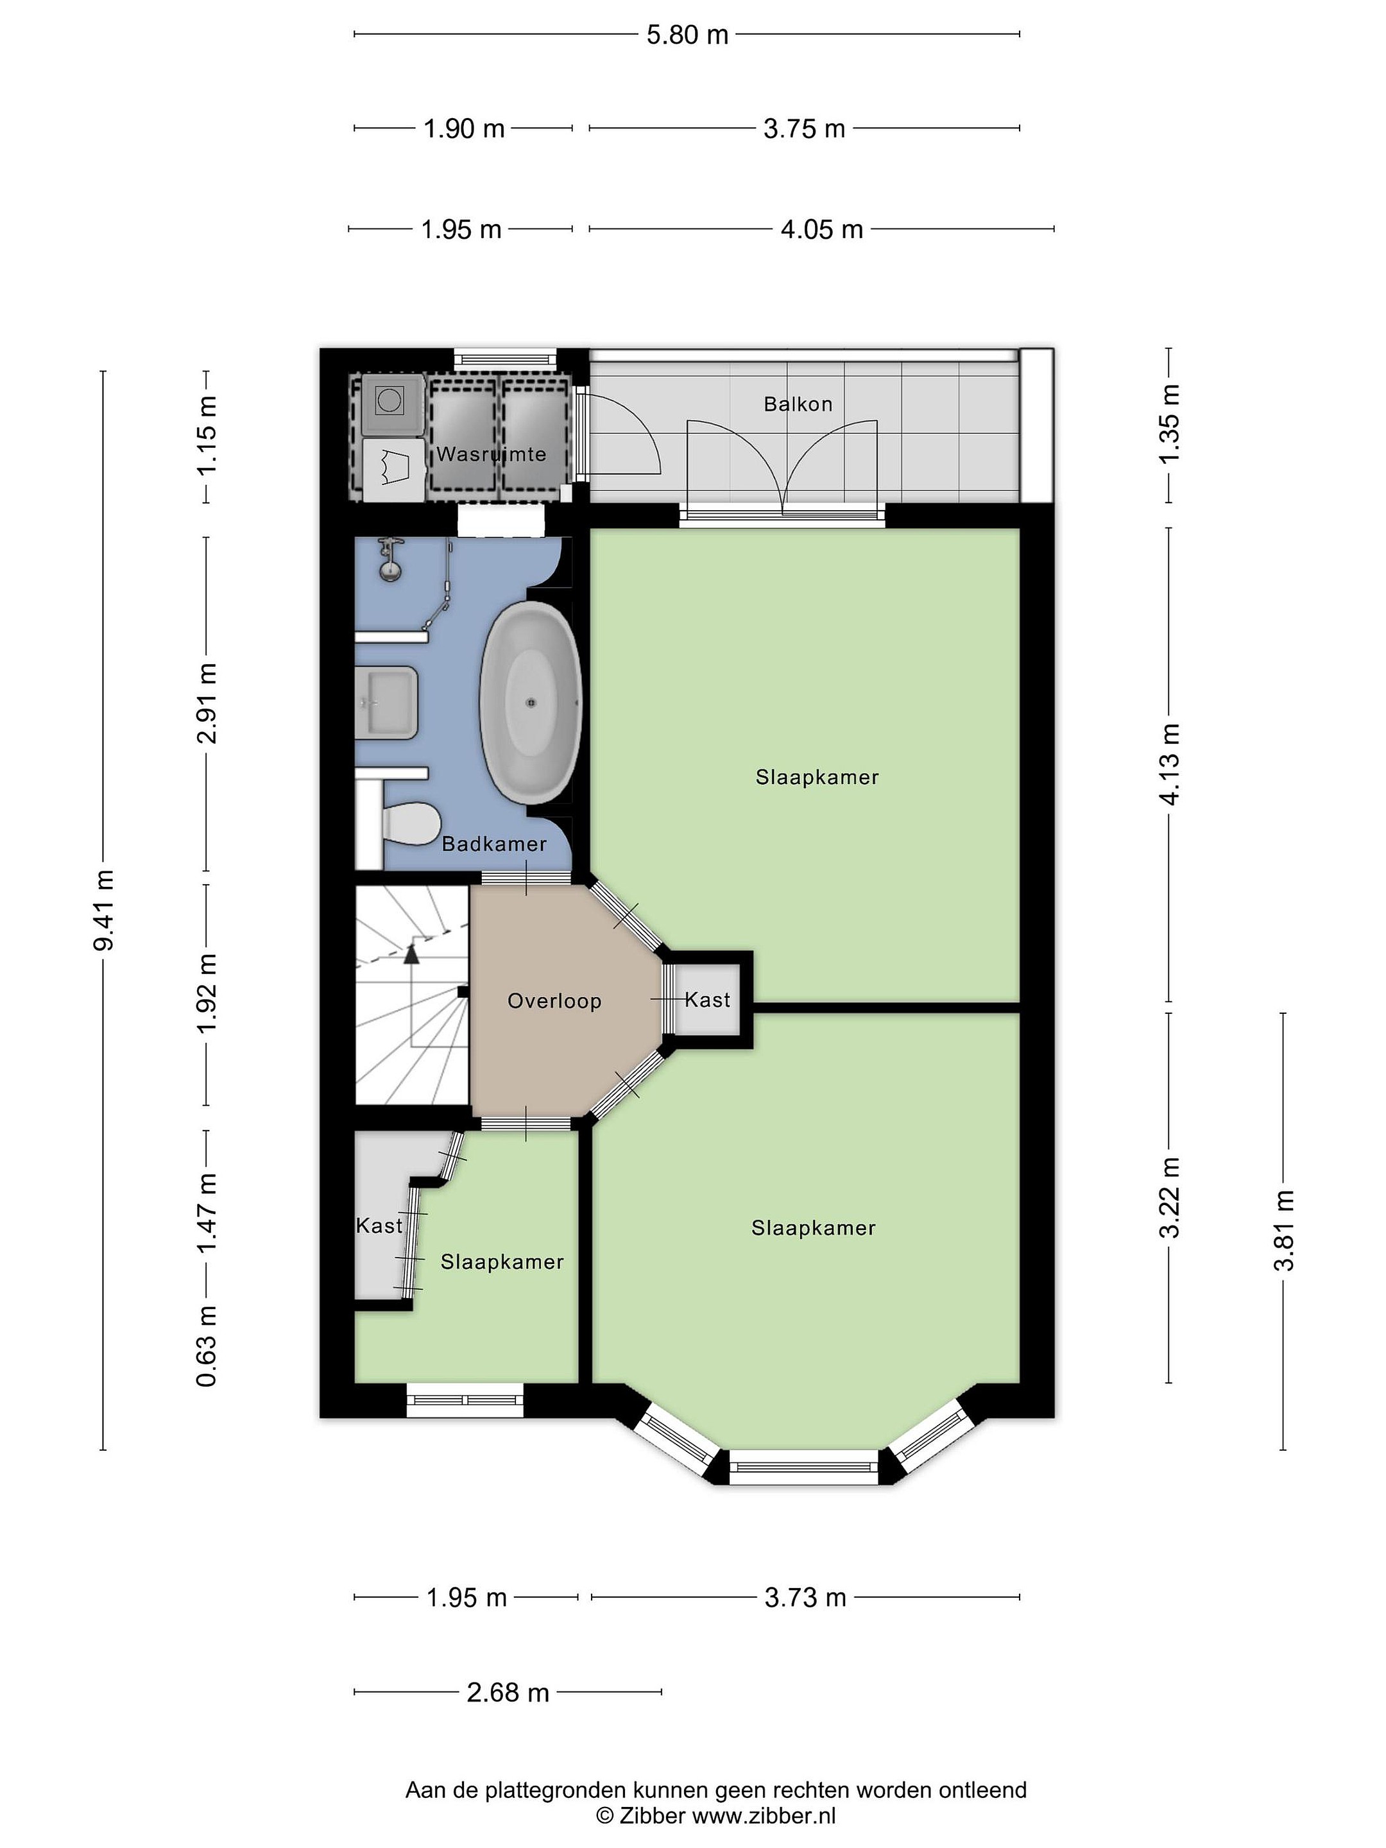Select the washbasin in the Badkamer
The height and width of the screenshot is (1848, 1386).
[386, 702]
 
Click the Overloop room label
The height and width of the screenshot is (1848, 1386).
[555, 1001]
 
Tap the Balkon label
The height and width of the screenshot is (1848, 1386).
[798, 404]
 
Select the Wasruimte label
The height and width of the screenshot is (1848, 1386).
[492, 454]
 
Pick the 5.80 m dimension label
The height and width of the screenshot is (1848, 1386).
[688, 35]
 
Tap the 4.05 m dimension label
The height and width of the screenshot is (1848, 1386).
[822, 229]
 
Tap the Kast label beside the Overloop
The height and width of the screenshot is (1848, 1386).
[708, 999]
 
